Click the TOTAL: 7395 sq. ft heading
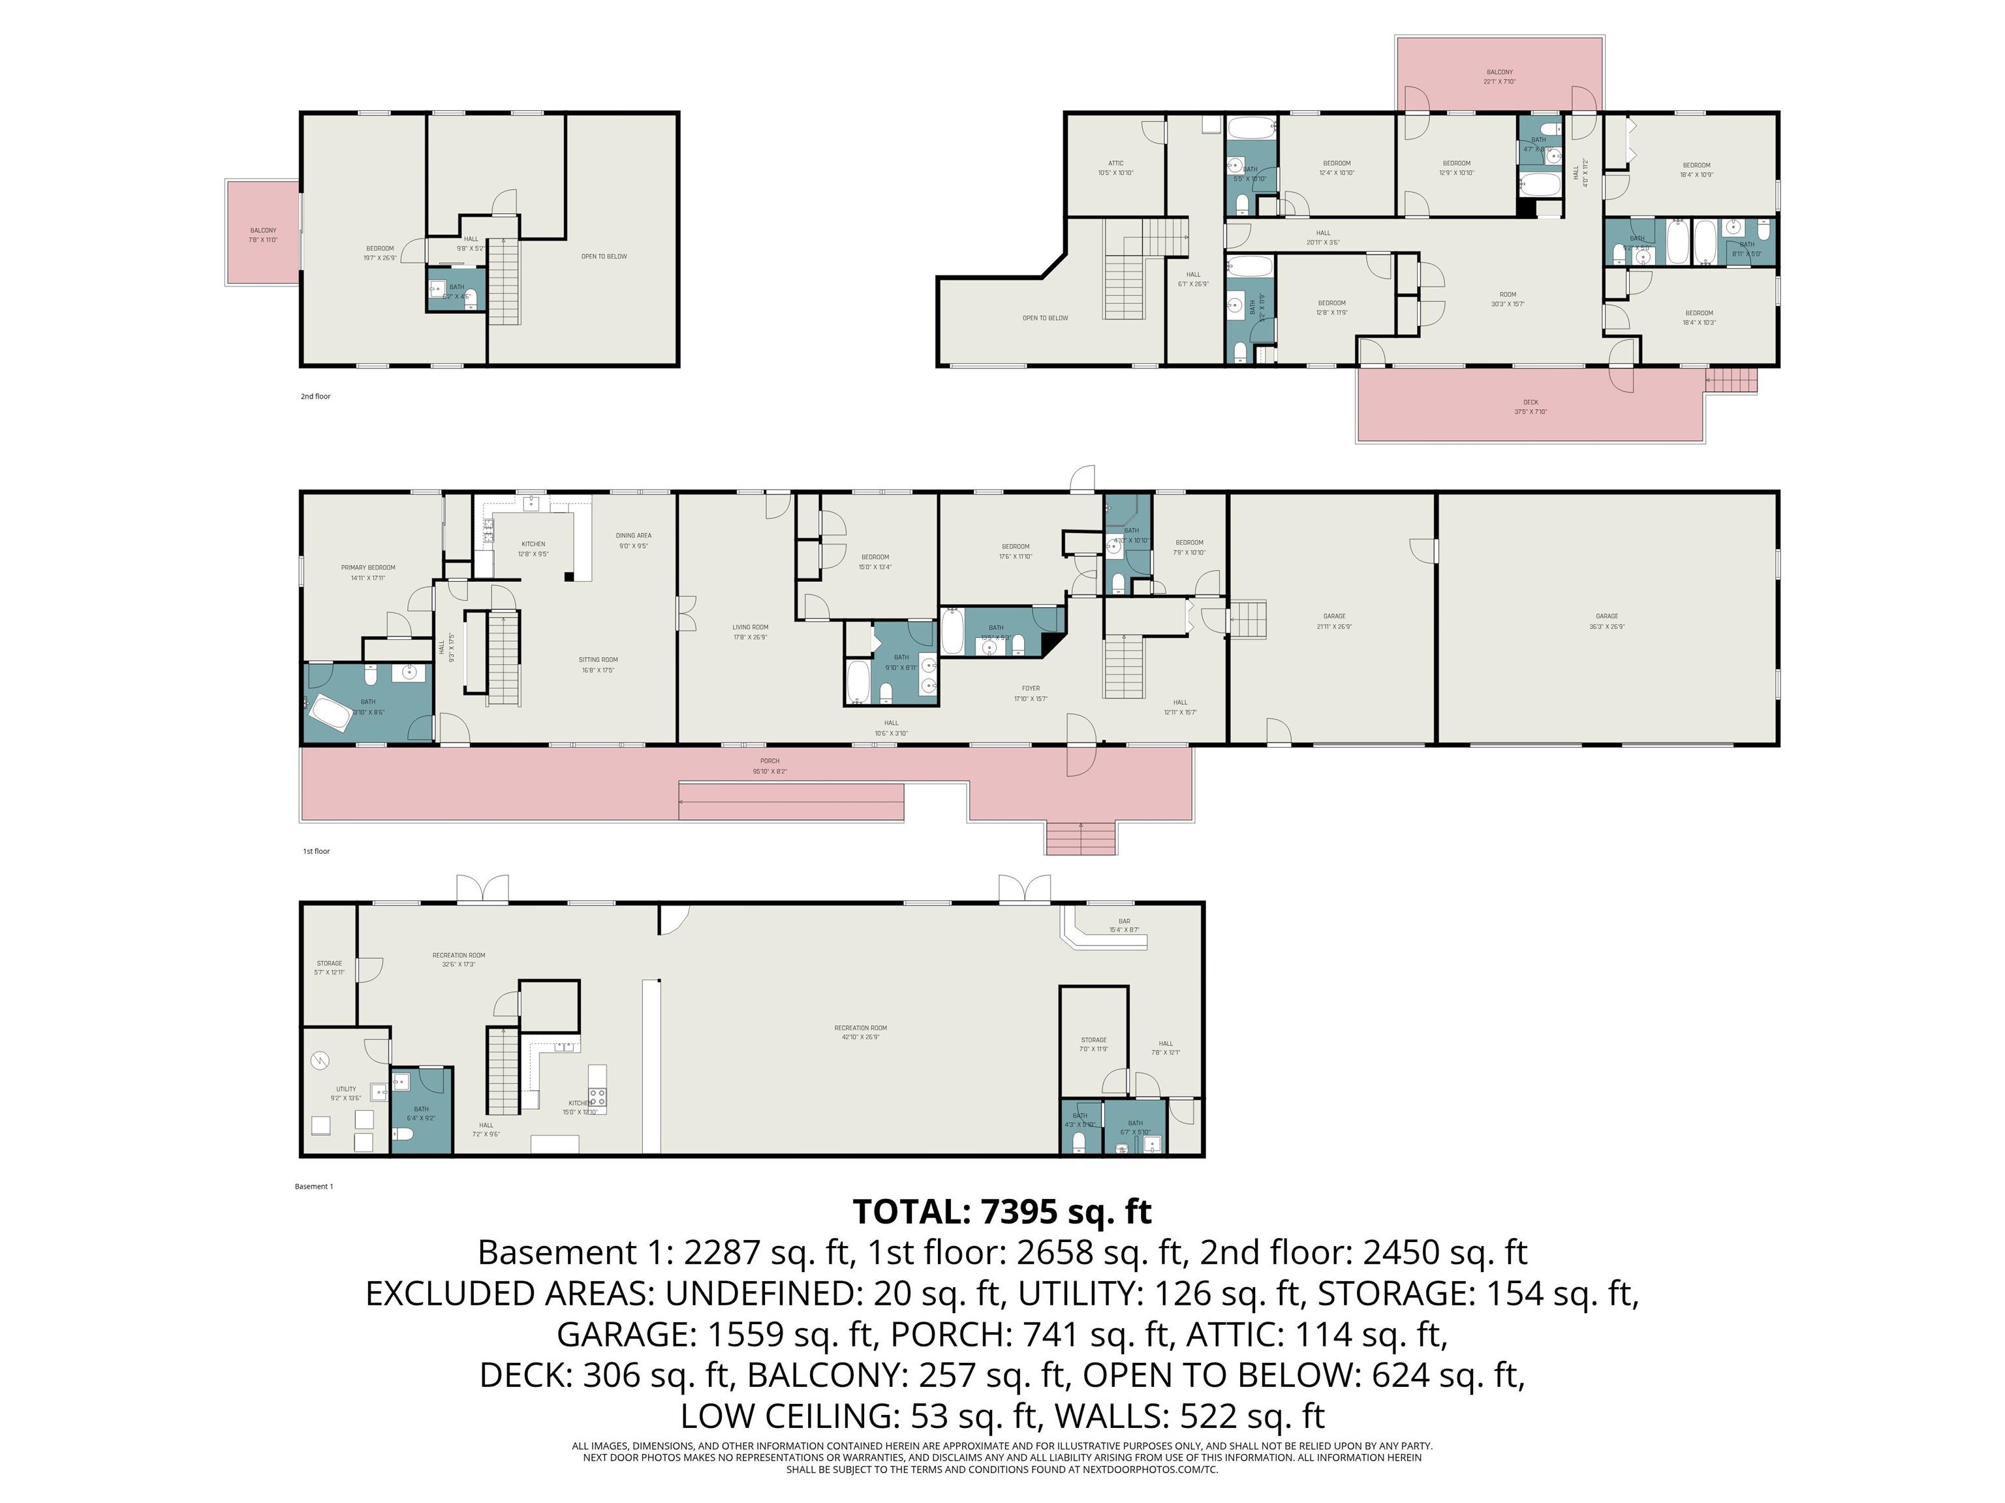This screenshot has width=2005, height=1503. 1002,1211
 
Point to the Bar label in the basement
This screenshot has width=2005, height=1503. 1124,925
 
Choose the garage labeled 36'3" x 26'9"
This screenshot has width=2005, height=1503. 1606,620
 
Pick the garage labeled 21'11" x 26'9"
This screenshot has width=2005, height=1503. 1333,620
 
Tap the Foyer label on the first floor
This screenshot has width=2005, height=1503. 1031,693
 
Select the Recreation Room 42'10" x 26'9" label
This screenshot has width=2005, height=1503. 860,1032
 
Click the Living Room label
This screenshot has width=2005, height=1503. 750,631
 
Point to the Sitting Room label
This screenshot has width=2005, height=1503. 598,665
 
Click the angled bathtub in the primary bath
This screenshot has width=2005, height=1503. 328,715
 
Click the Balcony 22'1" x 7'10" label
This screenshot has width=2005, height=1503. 1499,76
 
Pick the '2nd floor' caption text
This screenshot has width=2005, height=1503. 315,396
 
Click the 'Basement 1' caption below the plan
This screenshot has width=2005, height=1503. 314,1186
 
